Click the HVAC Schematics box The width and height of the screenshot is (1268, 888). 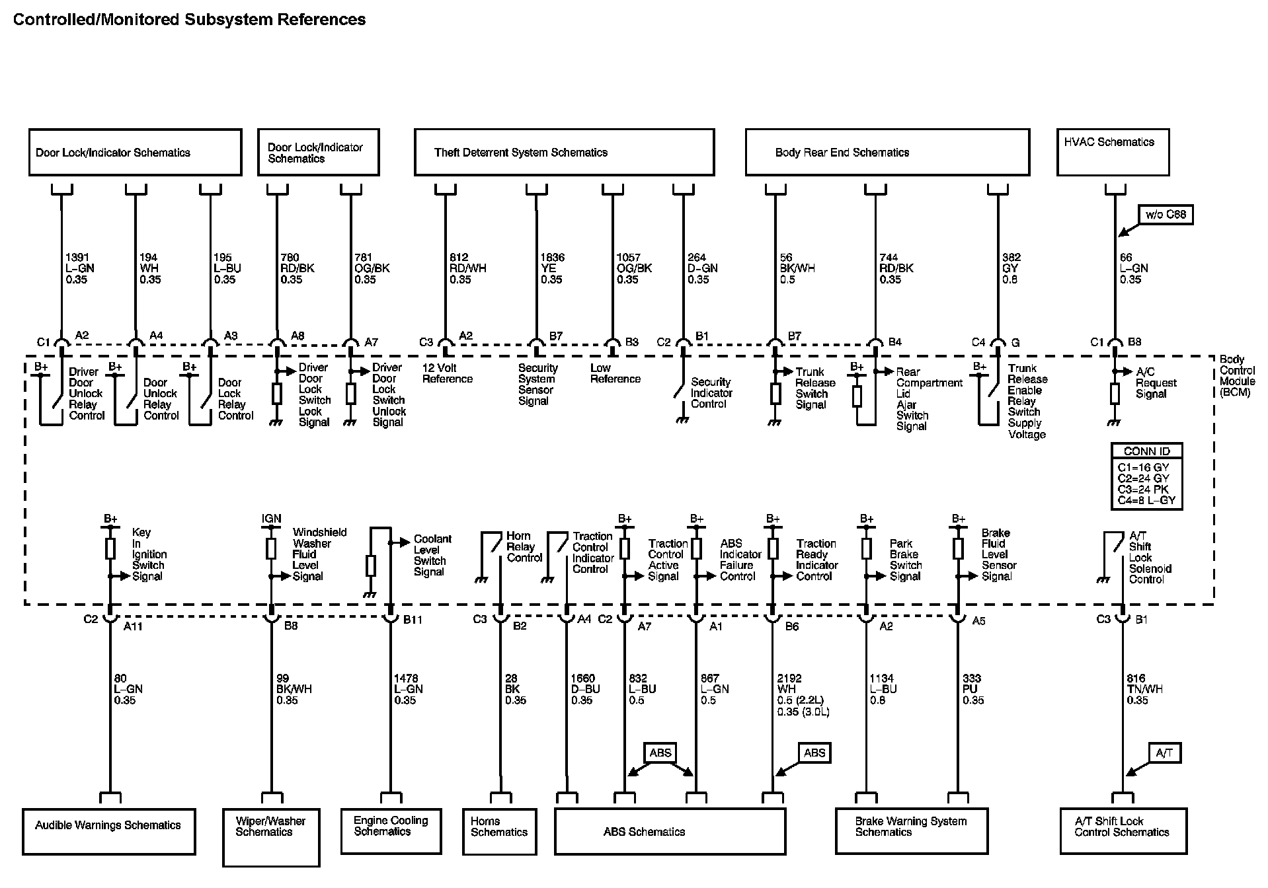pos(1112,152)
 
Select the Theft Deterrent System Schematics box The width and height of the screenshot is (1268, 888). pos(564,152)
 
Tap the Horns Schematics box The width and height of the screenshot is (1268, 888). pos(499,831)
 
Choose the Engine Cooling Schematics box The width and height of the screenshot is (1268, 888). pos(391,830)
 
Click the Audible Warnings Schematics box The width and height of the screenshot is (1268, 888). pos(108,831)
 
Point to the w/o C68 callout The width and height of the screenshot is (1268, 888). pos(1166,215)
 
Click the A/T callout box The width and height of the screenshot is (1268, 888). pos(1164,753)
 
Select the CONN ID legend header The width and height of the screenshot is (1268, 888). pos(1146,451)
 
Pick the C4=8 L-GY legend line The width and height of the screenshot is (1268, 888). pos(1146,500)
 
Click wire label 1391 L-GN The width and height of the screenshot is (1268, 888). pos(79,268)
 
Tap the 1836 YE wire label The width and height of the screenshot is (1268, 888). pos(552,268)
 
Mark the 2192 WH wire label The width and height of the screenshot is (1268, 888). pos(803,694)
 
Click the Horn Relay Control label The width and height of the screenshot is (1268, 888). pos(524,546)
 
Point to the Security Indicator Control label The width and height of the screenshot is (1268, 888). pos(711,392)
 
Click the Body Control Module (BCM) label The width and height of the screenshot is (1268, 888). pos(1236,376)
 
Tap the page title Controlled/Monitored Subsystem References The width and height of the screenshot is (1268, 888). pos(189,20)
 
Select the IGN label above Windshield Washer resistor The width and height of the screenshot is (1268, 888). pos(271,519)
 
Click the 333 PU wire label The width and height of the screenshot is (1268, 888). pos(972,688)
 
